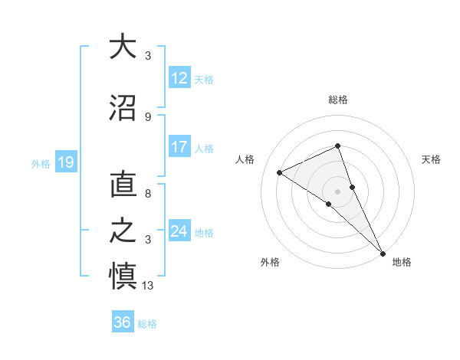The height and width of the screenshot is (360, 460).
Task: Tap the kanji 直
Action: pyautogui.click(x=123, y=185)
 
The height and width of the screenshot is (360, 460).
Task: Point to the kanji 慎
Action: pyautogui.click(x=123, y=275)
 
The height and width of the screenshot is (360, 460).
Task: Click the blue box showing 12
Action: pyautogui.click(x=179, y=78)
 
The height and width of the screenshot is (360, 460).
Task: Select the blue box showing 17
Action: pyautogui.click(x=179, y=148)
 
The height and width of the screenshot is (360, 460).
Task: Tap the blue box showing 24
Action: pyautogui.click(x=179, y=231)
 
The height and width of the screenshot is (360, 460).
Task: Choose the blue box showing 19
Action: pyautogui.click(x=65, y=162)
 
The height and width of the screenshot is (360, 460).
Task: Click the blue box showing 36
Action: pyautogui.click(x=123, y=322)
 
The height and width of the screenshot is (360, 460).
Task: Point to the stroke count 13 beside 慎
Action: pyautogui.click(x=148, y=286)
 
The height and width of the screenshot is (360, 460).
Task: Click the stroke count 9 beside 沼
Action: pyautogui.click(x=148, y=116)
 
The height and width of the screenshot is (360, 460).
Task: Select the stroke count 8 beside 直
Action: pyautogui.click(x=148, y=195)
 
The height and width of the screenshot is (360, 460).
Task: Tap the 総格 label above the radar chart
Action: pyautogui.click(x=337, y=100)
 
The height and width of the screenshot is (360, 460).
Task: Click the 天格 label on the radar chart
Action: pyautogui.click(x=431, y=159)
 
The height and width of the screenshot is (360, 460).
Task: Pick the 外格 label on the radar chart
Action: pyautogui.click(x=270, y=262)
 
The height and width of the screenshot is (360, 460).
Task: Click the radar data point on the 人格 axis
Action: pyautogui.click(x=280, y=172)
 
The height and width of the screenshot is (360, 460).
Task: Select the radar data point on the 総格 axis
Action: pyautogui.click(x=337, y=146)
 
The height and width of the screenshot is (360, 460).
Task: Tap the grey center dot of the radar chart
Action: pyautogui.click(x=337, y=191)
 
